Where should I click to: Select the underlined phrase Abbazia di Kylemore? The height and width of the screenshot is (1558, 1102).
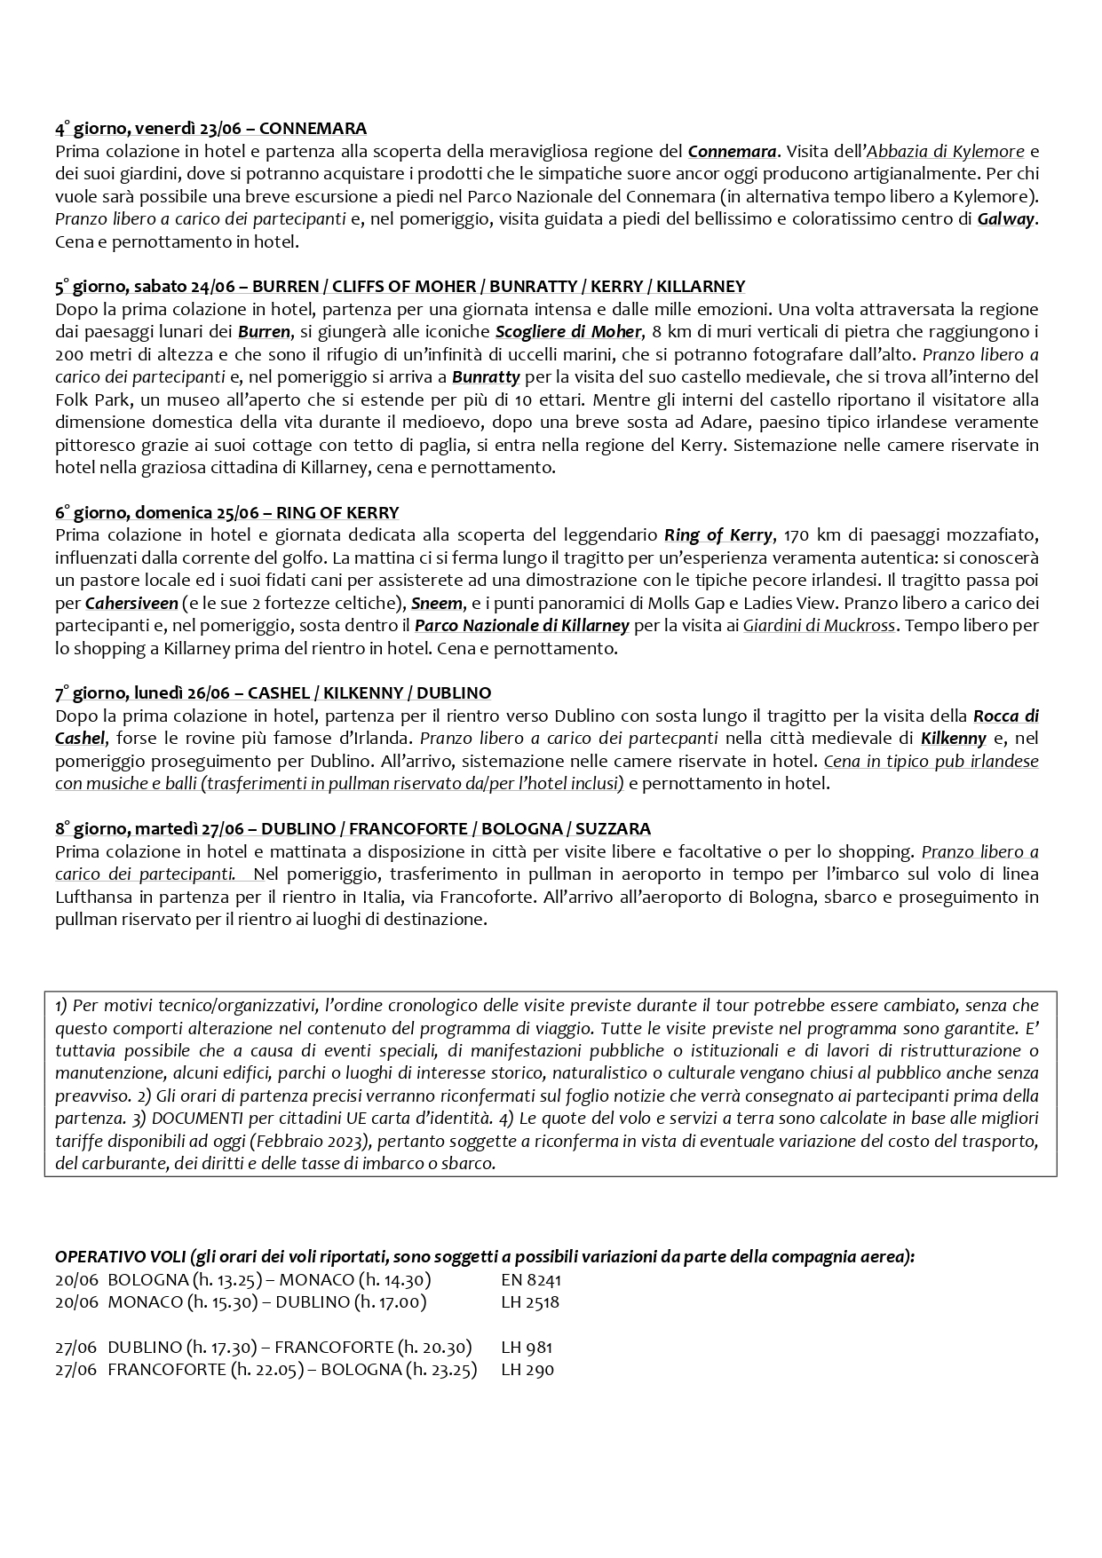(x=946, y=152)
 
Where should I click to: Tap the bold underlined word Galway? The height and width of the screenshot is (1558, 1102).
(x=1006, y=219)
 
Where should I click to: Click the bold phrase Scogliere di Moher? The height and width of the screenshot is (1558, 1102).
(x=567, y=332)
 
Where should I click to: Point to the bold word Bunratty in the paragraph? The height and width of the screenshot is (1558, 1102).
(x=486, y=376)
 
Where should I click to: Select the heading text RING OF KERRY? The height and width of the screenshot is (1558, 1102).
(x=337, y=513)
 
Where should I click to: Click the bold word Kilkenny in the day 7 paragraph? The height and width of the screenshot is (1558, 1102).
(x=954, y=739)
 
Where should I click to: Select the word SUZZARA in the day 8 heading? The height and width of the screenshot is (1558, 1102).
(x=613, y=829)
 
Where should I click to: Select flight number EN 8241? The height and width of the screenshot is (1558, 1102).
(x=531, y=1280)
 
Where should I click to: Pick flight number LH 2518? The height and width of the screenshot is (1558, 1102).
(x=530, y=1302)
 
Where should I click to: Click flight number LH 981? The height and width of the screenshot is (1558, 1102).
(x=527, y=1348)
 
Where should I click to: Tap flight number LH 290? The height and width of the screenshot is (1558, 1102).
(x=527, y=1370)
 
